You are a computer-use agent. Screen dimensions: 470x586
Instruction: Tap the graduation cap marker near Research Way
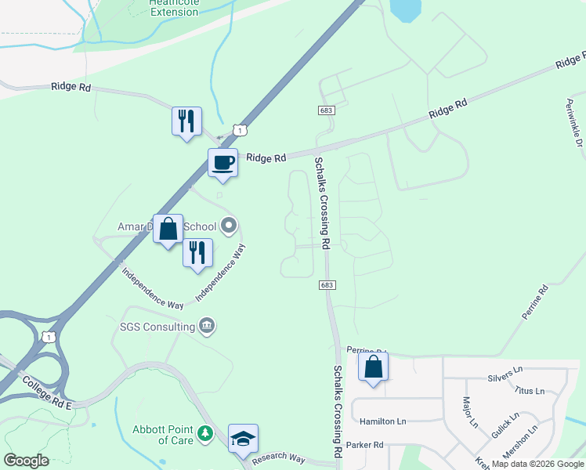[x=243, y=439]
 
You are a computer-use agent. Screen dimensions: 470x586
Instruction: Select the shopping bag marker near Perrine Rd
[x=374, y=367]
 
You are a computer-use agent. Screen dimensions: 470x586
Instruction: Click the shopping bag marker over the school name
[x=168, y=230]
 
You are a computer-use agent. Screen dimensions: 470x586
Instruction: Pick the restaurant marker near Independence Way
[x=197, y=253]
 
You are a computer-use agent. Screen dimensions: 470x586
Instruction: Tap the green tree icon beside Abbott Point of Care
[x=204, y=433]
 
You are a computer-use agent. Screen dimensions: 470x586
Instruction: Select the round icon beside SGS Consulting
[x=207, y=326]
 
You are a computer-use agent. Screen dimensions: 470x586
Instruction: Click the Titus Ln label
[x=529, y=390]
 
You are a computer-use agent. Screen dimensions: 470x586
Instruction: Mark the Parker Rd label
[x=364, y=445]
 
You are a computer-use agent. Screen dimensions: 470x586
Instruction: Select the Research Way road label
[x=278, y=457]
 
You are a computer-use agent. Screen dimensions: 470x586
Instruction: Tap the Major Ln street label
[x=470, y=414]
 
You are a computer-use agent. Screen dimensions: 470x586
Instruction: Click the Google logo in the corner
[x=27, y=461]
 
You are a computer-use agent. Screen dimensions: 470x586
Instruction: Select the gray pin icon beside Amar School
[x=229, y=226]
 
